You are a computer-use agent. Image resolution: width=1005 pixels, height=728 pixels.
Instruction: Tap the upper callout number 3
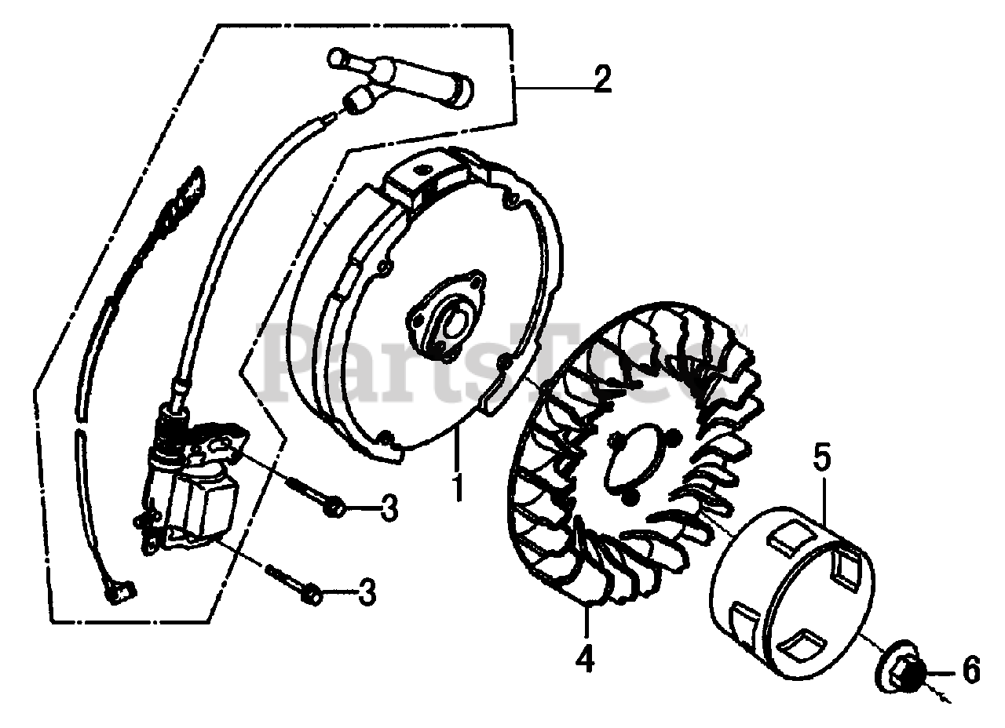pyautogui.click(x=389, y=508)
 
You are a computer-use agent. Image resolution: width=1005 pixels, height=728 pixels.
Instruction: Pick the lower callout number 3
pyautogui.click(x=367, y=592)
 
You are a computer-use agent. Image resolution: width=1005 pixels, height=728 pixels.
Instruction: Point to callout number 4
pyautogui.click(x=586, y=657)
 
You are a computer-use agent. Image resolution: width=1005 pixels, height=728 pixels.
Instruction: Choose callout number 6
pyautogui.click(x=970, y=670)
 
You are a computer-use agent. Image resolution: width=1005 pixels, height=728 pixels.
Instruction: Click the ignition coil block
pyautogui.click(x=200, y=502)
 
